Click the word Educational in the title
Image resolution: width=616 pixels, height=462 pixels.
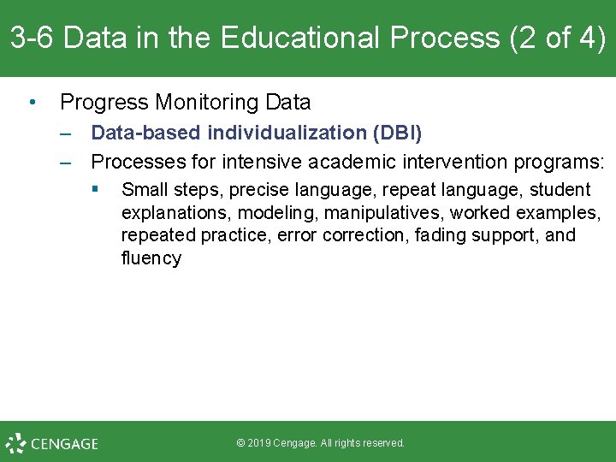click(x=287, y=38)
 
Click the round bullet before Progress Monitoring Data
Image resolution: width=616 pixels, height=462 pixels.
click(x=32, y=103)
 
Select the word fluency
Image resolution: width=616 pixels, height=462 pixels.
click(x=151, y=258)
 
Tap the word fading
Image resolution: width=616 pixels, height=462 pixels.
click(x=441, y=235)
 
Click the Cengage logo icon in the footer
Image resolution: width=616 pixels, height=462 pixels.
click(x=15, y=443)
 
